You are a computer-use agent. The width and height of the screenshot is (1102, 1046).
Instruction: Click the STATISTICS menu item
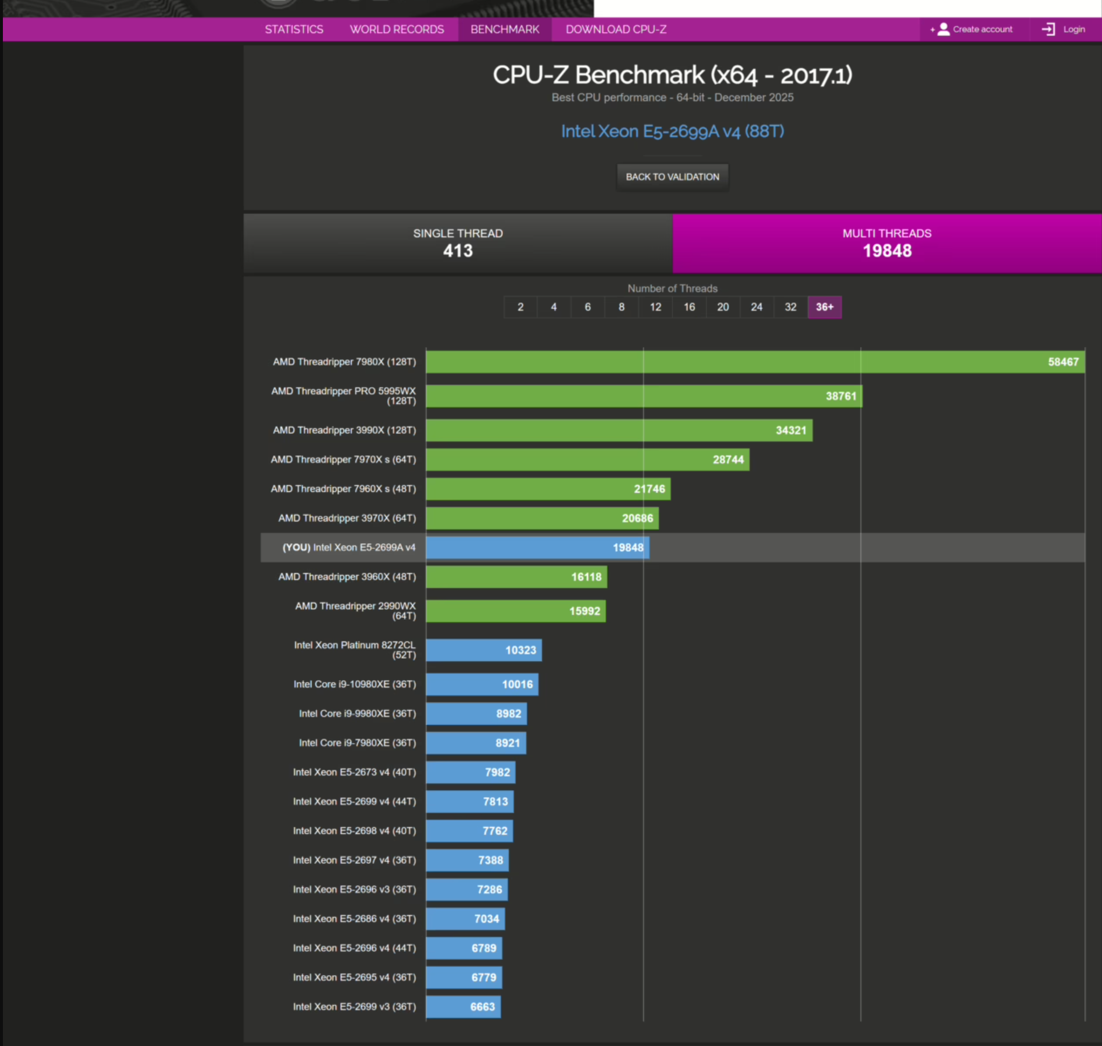(294, 30)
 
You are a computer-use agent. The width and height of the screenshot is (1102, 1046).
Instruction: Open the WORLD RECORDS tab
(397, 30)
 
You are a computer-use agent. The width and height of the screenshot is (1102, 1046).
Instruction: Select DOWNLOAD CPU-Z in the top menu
(616, 30)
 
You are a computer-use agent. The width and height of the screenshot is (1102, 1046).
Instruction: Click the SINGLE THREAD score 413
(458, 251)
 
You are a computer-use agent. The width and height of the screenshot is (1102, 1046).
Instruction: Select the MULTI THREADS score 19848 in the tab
(887, 251)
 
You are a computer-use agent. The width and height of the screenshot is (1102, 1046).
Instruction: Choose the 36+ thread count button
(824, 307)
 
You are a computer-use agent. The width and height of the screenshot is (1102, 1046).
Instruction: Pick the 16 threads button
(689, 307)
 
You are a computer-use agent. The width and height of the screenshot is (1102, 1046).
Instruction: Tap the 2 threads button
(520, 307)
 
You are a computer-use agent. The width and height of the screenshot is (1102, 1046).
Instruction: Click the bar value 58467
(1063, 362)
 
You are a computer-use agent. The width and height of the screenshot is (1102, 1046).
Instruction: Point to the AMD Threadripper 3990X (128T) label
(344, 430)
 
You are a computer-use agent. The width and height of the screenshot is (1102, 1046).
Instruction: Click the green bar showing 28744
(587, 460)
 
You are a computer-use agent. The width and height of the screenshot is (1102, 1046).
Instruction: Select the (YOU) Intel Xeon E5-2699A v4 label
(349, 548)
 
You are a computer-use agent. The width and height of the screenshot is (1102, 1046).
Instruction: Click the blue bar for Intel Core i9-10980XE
(482, 684)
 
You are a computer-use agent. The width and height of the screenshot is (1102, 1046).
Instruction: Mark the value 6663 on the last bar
(483, 1007)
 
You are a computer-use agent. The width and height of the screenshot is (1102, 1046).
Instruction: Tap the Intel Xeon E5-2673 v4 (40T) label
(354, 772)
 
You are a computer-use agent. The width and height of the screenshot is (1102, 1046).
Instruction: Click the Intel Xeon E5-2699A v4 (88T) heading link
(672, 131)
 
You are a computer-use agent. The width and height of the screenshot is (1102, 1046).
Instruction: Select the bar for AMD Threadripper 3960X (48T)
(516, 577)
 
